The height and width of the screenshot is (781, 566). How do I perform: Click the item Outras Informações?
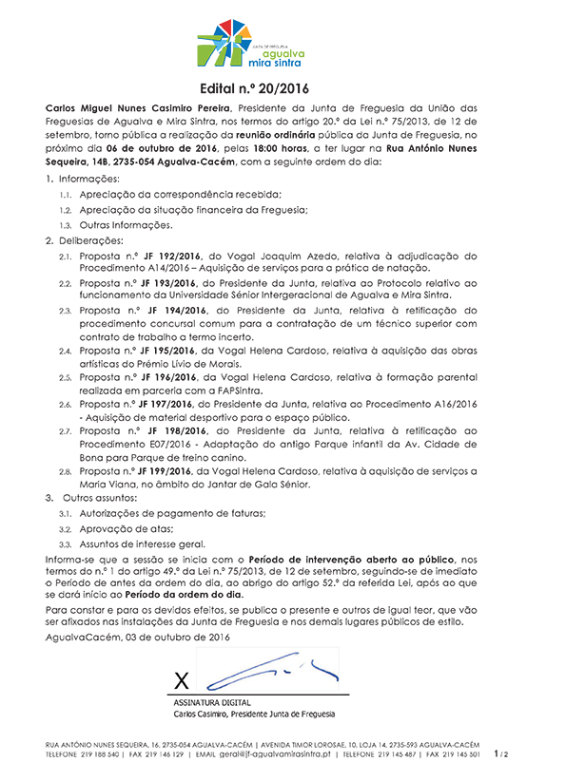(x=127, y=225)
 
